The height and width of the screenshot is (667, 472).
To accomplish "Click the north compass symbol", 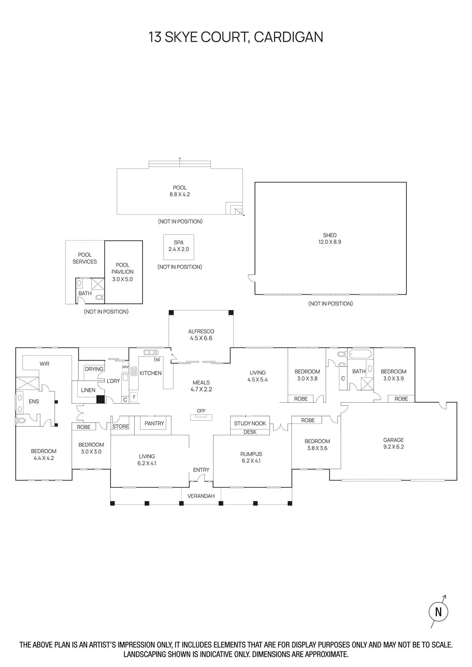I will (438, 612).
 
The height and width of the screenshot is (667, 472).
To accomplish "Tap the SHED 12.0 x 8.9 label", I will (329, 238).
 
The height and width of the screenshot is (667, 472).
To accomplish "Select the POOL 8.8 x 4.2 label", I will (180, 191).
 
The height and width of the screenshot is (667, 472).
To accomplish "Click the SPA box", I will (178, 247).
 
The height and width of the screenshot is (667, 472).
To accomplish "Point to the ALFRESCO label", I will (201, 331).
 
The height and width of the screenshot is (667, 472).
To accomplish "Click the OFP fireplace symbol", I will (201, 417).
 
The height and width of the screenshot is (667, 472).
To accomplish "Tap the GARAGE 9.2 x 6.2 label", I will (393, 443).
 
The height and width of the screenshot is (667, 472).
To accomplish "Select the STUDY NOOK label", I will (250, 423).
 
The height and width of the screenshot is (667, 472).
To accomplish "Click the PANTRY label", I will (154, 423).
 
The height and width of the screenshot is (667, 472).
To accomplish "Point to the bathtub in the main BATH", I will (360, 354).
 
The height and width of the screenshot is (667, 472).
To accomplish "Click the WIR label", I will (45, 364).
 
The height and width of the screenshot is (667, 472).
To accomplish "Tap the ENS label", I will (34, 401).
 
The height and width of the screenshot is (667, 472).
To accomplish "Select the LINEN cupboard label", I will (88, 390).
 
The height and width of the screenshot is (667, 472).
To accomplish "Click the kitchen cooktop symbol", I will (134, 371).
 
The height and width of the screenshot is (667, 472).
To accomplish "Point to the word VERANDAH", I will (201, 496).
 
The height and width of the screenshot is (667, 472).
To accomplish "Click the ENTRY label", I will (201, 470).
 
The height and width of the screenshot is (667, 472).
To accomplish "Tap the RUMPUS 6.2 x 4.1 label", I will (251, 457).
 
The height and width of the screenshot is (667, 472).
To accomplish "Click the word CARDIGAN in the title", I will (288, 37).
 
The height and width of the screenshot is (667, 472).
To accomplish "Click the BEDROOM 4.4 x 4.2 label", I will (43, 454).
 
